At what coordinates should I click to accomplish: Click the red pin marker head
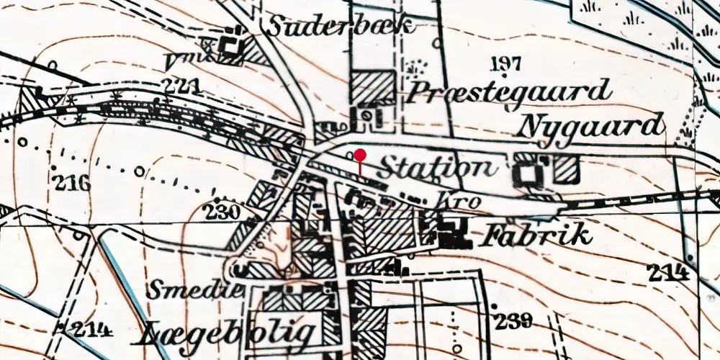360,154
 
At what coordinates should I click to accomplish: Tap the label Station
437,168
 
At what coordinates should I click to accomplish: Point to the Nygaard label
590,126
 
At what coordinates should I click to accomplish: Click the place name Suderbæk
341,27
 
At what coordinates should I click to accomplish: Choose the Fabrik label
539,235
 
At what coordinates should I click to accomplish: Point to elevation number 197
505,63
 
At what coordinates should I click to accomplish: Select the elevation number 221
180,86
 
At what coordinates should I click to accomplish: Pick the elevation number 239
513,320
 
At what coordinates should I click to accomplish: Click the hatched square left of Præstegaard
372,88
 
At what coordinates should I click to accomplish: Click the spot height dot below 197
506,73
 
